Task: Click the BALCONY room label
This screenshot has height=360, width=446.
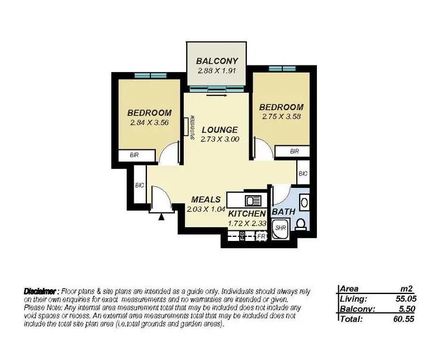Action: (218, 61)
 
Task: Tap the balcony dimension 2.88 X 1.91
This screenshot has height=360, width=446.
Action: (218, 71)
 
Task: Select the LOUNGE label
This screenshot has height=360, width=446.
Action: (219, 130)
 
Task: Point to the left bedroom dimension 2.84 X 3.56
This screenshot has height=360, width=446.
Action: (150, 123)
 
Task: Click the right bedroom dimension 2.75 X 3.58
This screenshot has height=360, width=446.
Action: (282, 117)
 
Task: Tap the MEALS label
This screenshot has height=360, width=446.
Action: (206, 199)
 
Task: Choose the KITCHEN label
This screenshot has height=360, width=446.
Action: (246, 213)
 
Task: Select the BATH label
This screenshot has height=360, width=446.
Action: (282, 212)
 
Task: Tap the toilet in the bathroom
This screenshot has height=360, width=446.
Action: (301, 224)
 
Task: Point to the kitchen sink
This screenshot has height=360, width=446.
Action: (252, 200)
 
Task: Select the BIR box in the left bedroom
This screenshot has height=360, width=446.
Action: (136, 155)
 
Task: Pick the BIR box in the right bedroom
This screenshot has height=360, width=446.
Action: (294, 152)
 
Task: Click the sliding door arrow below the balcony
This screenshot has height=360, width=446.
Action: (218, 93)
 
